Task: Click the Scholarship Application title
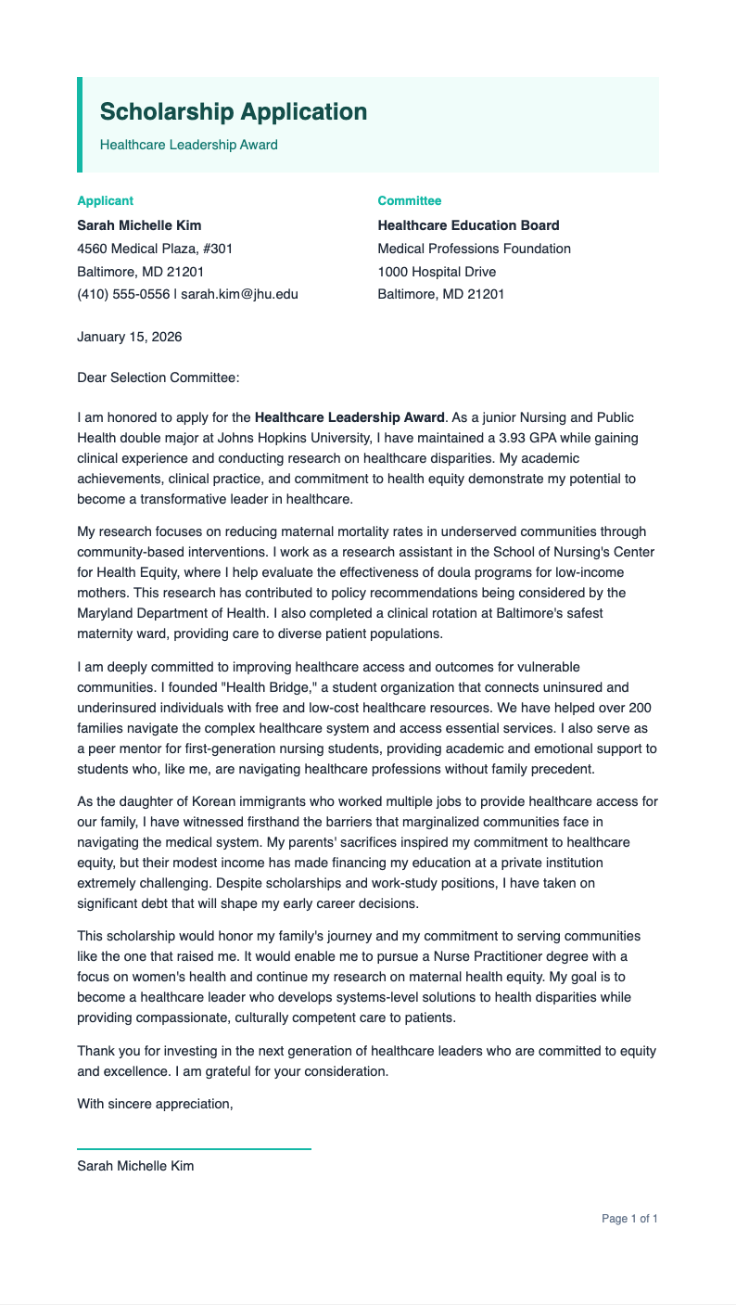point(234,112)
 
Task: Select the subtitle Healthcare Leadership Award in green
point(189,145)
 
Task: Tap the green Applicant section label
point(105,200)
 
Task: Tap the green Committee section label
point(410,200)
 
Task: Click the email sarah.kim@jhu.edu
point(239,294)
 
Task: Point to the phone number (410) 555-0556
point(123,294)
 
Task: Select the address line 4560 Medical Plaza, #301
point(155,249)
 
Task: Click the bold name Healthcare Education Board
point(468,225)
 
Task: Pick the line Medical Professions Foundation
point(474,249)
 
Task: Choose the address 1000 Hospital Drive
point(437,272)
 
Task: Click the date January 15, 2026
point(130,337)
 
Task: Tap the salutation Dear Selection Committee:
point(159,377)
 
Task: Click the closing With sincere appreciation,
point(155,1104)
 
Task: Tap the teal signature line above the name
point(194,1149)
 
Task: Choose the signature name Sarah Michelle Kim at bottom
point(135,1166)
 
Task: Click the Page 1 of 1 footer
point(629,1219)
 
